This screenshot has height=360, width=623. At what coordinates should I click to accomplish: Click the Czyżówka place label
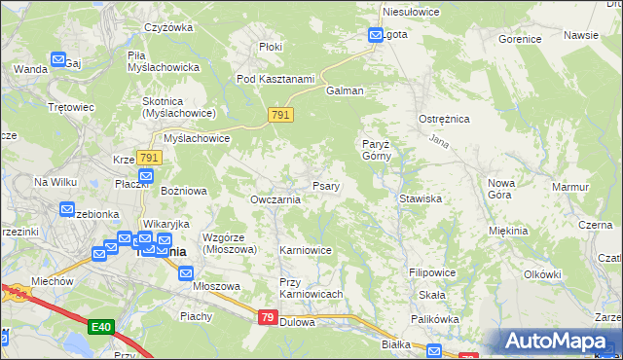pyautogui.click(x=166, y=27)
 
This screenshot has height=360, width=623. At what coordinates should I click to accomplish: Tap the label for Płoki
pyautogui.click(x=271, y=46)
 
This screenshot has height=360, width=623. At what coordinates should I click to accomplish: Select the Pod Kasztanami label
pyautogui.click(x=275, y=79)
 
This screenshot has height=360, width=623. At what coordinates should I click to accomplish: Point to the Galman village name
pyautogui.click(x=346, y=90)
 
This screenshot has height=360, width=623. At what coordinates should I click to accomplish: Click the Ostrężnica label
pyautogui.click(x=444, y=118)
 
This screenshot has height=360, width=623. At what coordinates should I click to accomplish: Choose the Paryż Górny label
pyautogui.click(x=376, y=149)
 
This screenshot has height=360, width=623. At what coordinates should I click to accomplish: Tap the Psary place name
pyautogui.click(x=325, y=186)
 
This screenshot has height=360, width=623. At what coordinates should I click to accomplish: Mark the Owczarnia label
pyautogui.click(x=275, y=199)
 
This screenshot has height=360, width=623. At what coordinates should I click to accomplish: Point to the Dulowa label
pyautogui.click(x=297, y=322)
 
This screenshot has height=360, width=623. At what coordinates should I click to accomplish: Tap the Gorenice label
pyautogui.click(x=519, y=40)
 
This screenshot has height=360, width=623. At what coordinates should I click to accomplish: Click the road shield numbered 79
pyautogui.click(x=269, y=317)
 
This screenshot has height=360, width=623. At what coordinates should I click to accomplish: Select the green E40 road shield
pyautogui.click(x=100, y=327)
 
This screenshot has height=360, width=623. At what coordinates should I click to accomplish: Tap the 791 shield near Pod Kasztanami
pyautogui.click(x=280, y=116)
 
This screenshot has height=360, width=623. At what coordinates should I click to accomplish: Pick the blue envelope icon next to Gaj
pyautogui.click(x=58, y=60)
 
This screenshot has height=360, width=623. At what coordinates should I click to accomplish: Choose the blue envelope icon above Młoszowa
pyautogui.click(x=186, y=274)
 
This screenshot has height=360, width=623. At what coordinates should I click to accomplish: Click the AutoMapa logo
pyautogui.click(x=559, y=341)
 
